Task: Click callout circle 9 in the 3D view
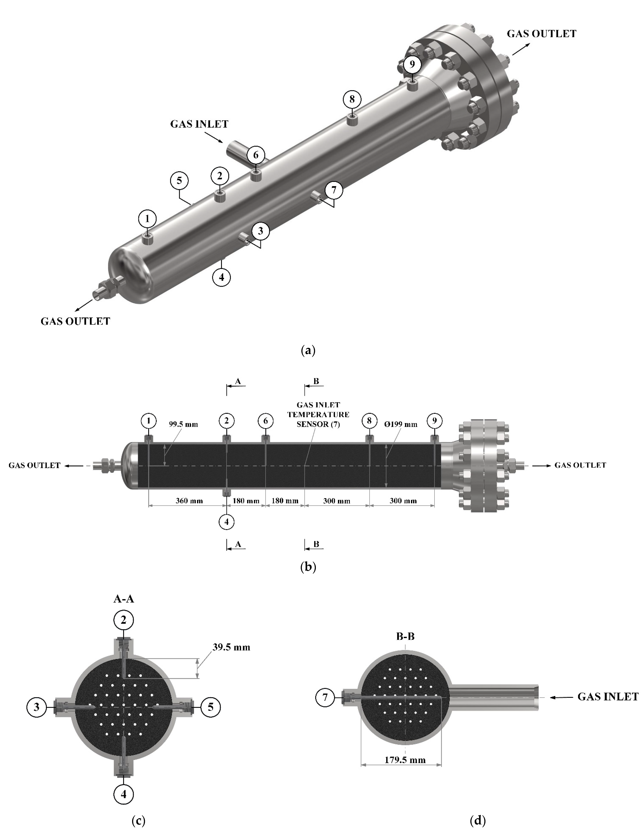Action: pyautogui.click(x=412, y=64)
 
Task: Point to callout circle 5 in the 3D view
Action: pyautogui.click(x=179, y=180)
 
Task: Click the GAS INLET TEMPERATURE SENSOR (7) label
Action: pyautogui.click(x=318, y=414)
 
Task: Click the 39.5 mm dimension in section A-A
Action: pyautogui.click(x=231, y=647)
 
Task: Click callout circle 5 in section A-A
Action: pyautogui.click(x=210, y=707)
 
